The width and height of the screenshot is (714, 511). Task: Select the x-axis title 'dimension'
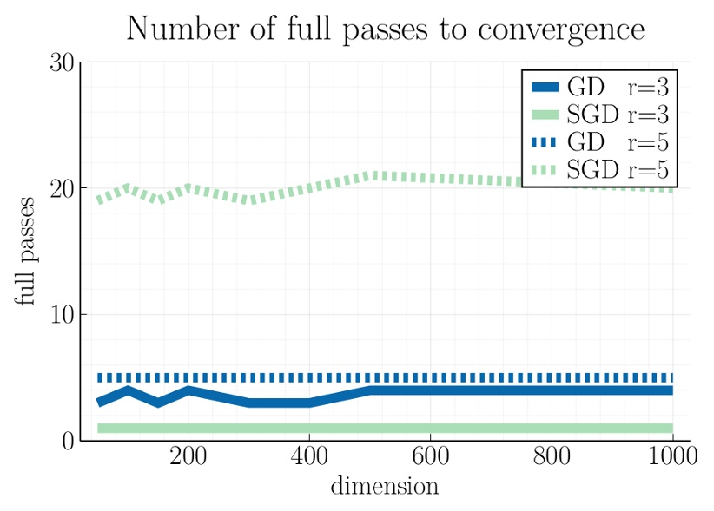[x=384, y=486]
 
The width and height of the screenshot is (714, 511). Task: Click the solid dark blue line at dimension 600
[x=430, y=390]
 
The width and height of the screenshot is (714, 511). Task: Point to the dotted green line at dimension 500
[x=370, y=176]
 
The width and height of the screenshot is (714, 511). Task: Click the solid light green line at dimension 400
[x=309, y=428]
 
